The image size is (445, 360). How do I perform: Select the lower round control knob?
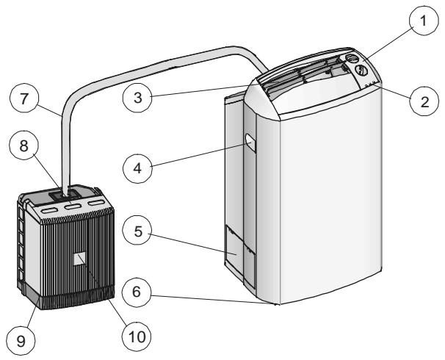point(361,71)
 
